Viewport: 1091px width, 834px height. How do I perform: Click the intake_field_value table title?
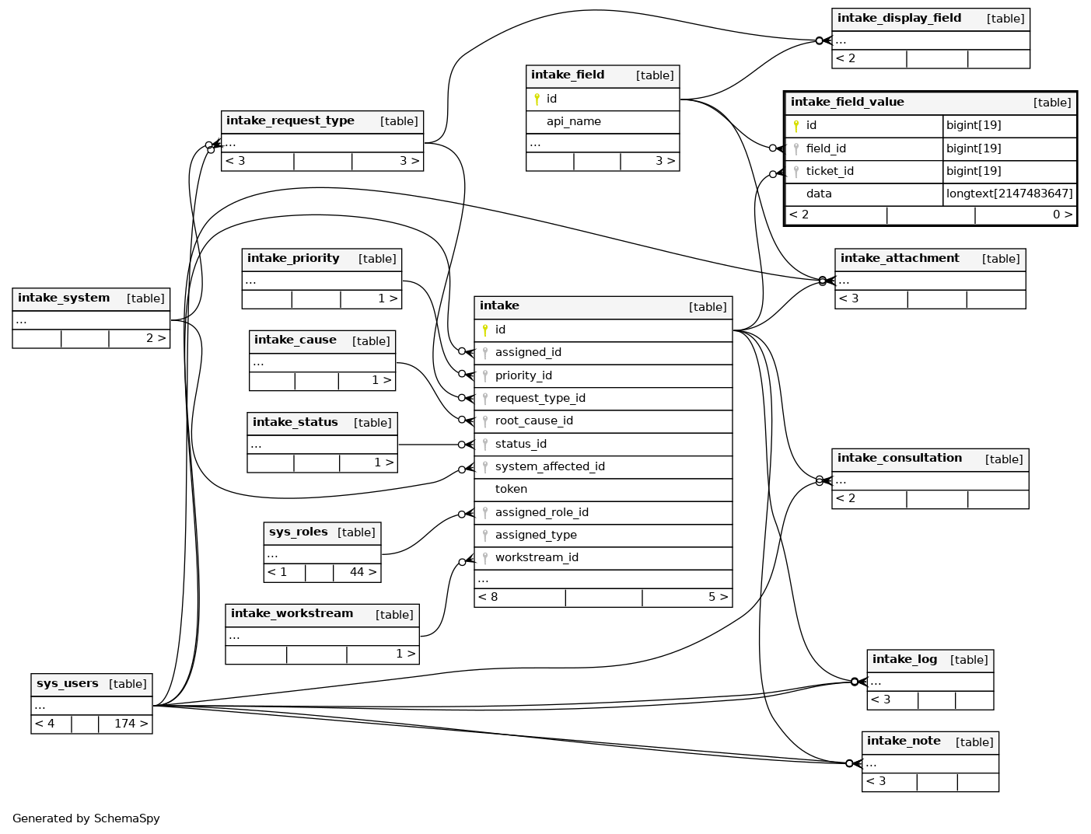[847, 102]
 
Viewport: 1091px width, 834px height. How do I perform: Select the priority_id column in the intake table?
[523, 375]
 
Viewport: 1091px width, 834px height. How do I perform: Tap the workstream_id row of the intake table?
[537, 557]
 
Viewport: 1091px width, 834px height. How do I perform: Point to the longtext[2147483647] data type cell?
[1009, 194]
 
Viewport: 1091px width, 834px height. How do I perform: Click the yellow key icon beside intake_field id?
[537, 99]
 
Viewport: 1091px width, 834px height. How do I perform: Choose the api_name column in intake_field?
[573, 121]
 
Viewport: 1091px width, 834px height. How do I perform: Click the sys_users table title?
[68, 684]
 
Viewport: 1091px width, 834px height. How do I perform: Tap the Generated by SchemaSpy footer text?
[86, 818]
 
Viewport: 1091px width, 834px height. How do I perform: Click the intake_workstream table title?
[292, 614]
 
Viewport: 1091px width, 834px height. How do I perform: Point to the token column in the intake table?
[511, 489]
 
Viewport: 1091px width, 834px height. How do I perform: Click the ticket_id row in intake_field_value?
[830, 171]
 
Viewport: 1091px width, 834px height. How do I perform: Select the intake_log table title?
[904, 660]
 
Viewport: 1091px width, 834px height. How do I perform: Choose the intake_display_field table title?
[899, 19]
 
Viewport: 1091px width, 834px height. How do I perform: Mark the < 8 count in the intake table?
[488, 597]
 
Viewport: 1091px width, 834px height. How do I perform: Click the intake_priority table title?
[293, 259]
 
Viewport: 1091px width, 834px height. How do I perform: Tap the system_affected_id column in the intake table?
[550, 466]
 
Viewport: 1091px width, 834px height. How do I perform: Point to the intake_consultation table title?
[899, 459]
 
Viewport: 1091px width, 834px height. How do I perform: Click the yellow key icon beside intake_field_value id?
[796, 125]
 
